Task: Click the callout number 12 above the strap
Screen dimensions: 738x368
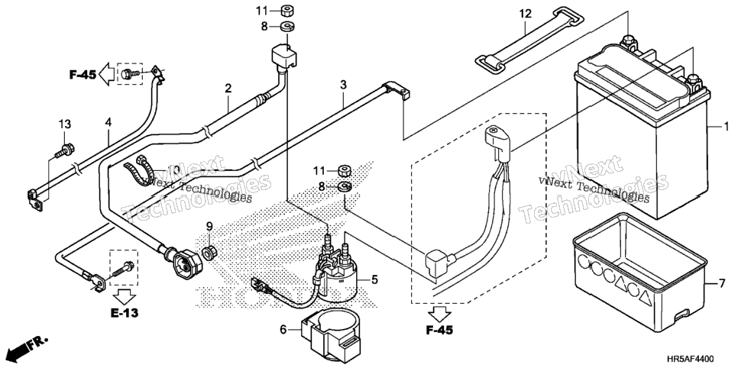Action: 526,14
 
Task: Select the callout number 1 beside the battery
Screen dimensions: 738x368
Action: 727,126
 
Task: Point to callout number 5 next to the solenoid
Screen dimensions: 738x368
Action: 374,280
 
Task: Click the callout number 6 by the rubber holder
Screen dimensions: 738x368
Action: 283,330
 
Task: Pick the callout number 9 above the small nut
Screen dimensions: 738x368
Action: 210,227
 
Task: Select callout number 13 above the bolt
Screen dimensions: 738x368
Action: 65,124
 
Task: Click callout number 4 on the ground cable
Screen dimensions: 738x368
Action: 108,122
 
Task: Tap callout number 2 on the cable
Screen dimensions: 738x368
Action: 228,88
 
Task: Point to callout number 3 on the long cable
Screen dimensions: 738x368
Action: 344,86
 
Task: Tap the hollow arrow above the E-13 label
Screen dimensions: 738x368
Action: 125,296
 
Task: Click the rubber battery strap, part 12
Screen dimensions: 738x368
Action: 529,39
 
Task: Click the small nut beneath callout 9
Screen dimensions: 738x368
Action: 209,253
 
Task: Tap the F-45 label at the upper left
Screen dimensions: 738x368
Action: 83,74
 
